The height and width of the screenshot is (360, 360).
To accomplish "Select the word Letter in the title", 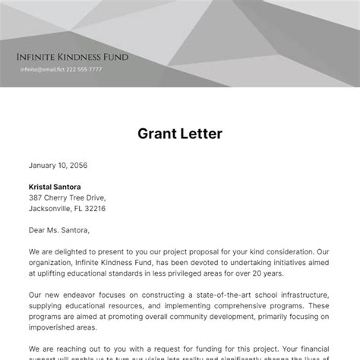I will pyautogui.click(x=201, y=134).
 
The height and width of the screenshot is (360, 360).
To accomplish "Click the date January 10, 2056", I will pyautogui.click(x=58, y=165).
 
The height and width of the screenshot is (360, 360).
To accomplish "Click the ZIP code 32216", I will pyautogui.click(x=95, y=208).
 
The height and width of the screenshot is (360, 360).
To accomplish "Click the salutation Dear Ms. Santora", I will pyautogui.click(x=59, y=230).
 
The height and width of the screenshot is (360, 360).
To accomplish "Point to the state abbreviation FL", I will pyautogui.click(x=77, y=208).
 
